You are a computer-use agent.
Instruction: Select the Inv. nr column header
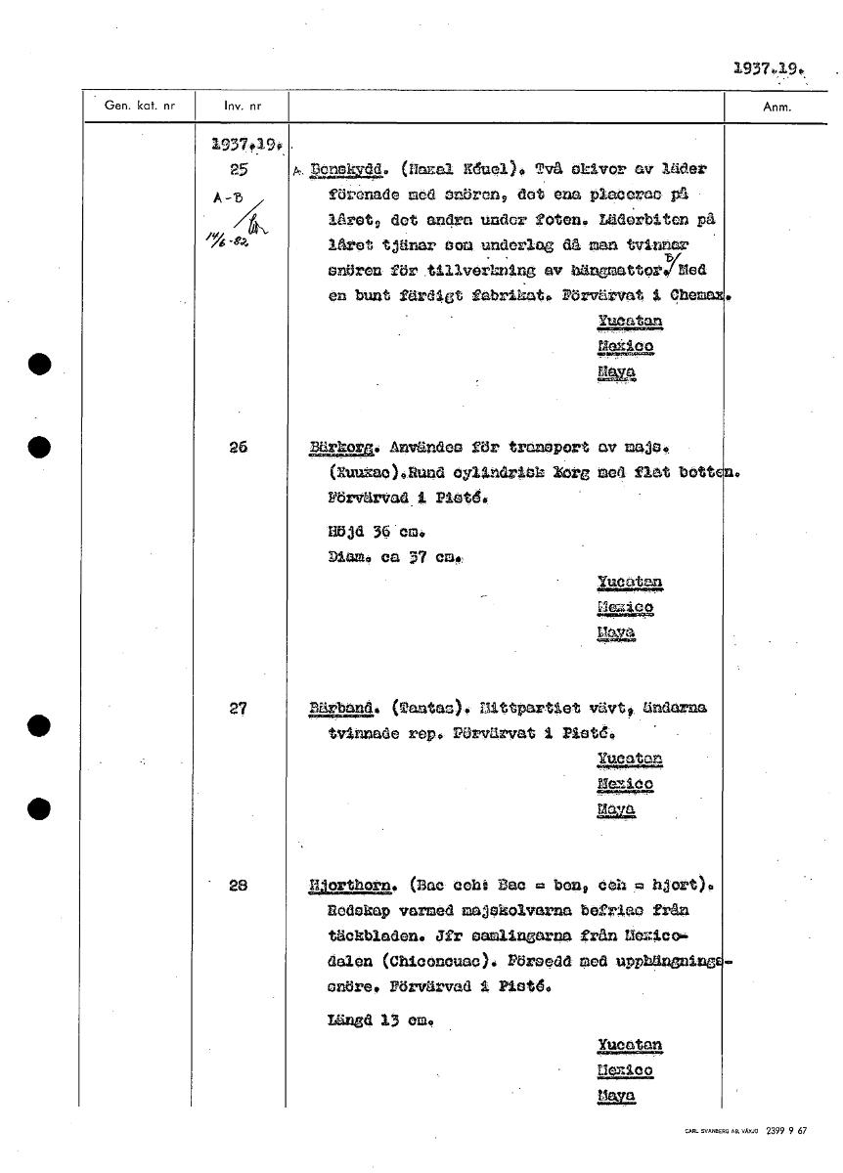[x=239, y=107]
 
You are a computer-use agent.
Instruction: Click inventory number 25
[x=238, y=169]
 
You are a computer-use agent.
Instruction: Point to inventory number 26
[x=238, y=448]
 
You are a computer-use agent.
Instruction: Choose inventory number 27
[x=238, y=708]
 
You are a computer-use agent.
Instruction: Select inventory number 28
[x=238, y=886]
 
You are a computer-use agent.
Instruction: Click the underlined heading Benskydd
[x=343, y=169]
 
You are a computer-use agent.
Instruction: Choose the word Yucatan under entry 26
[x=629, y=584]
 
